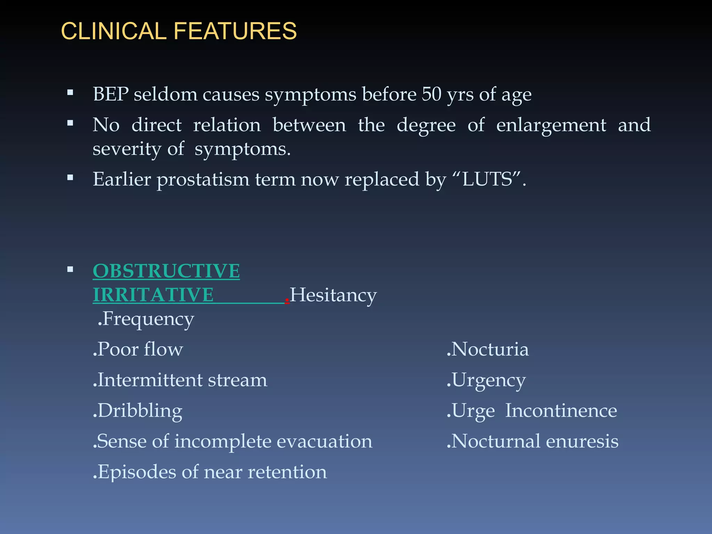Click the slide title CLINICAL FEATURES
click(x=179, y=31)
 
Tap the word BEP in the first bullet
click(x=111, y=94)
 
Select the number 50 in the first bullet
click(x=431, y=94)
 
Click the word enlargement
click(x=551, y=125)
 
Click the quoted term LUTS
click(x=488, y=180)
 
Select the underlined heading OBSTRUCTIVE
click(x=166, y=271)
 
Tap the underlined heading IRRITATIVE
click(x=153, y=295)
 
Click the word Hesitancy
click(x=333, y=295)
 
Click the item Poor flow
click(x=138, y=349)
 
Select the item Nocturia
click(x=488, y=349)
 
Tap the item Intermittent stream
click(x=180, y=380)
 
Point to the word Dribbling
click(x=138, y=411)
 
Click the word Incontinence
click(x=561, y=411)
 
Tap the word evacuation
click(x=324, y=442)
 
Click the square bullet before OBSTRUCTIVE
click(x=70, y=269)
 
